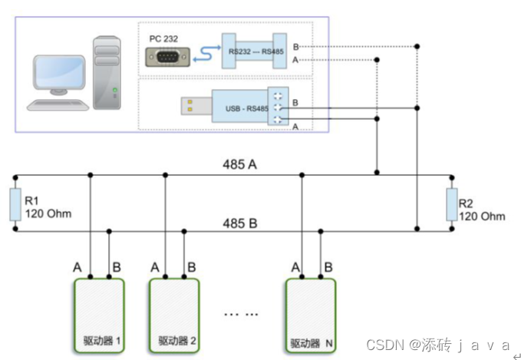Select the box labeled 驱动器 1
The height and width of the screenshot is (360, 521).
point(99,315)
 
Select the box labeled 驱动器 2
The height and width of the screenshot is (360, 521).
point(174,315)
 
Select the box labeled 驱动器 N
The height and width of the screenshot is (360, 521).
point(310,315)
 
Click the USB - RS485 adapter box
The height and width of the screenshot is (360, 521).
point(246,108)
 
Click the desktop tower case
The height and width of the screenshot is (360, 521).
point(108,71)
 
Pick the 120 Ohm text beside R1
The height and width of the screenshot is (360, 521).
point(48,213)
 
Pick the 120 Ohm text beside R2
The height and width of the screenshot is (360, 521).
point(483,216)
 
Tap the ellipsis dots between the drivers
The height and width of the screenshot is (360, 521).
point(241,313)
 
